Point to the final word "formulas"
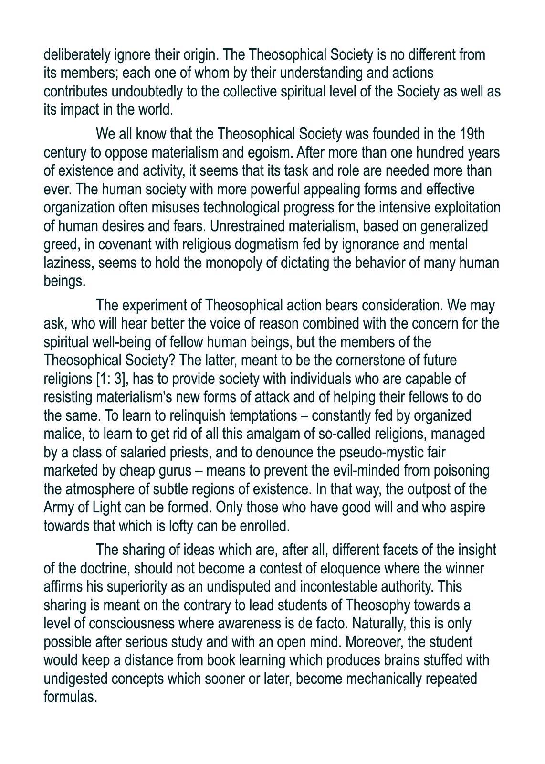tap(70, 697)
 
